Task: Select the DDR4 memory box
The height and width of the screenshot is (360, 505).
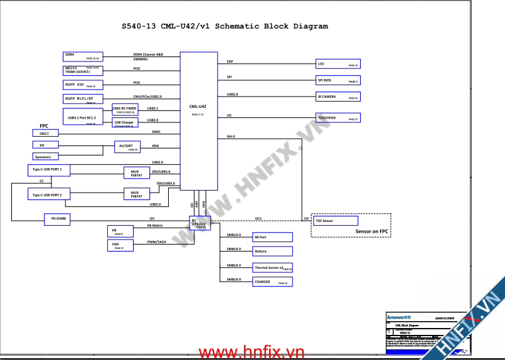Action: click(82, 56)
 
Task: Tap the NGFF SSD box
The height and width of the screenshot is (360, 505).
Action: click(82, 84)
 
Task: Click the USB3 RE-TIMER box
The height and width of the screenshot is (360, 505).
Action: click(125, 109)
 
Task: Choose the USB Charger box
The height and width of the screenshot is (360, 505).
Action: click(124, 122)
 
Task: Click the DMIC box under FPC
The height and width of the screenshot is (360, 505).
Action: click(45, 133)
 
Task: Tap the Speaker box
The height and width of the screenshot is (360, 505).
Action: click(43, 156)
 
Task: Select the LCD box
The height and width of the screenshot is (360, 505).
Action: click(338, 63)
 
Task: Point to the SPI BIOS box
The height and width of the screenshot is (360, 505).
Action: click(338, 80)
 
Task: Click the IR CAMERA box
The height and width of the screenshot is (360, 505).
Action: click(338, 96)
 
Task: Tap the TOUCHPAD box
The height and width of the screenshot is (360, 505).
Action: click(338, 117)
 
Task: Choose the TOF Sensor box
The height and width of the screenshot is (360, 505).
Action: click(335, 221)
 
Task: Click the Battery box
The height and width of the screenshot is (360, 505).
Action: click(272, 251)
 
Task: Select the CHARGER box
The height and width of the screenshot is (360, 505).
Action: click(272, 282)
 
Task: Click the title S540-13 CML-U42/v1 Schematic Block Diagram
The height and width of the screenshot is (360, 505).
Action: click(225, 26)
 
